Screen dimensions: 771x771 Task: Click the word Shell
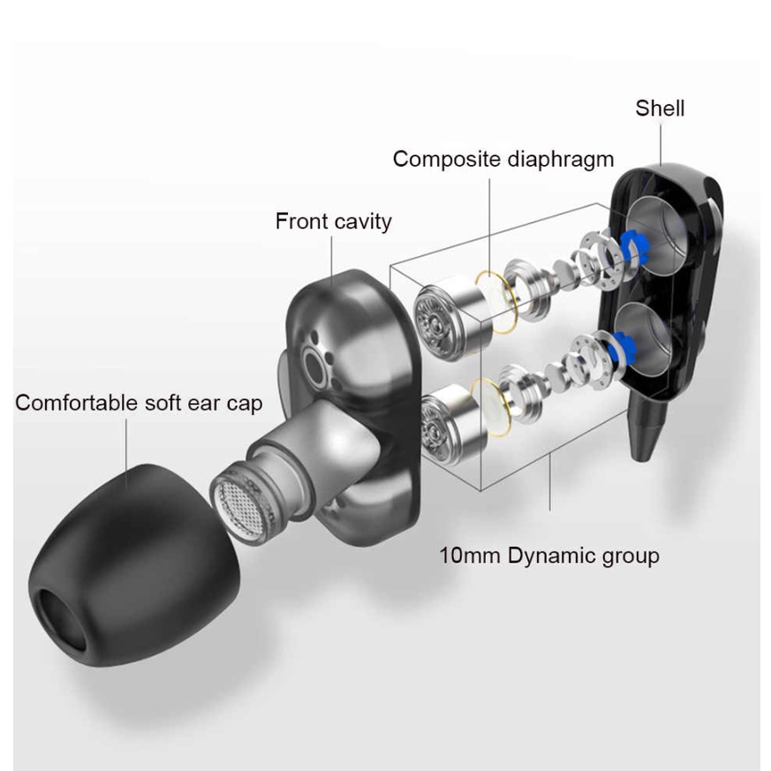(x=660, y=108)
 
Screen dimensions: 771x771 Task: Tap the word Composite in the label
(x=447, y=159)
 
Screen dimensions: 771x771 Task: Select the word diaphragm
(x=561, y=159)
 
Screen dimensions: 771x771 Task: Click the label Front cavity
(x=333, y=222)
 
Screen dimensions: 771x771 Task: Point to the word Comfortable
(x=77, y=403)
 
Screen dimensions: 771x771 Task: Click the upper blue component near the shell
(x=632, y=246)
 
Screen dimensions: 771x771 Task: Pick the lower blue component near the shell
(x=621, y=345)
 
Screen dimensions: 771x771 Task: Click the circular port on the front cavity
(x=314, y=366)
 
